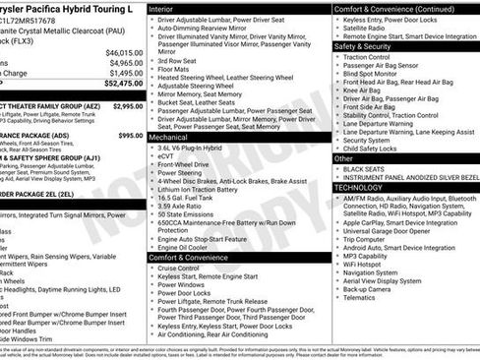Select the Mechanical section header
[x=169, y=138]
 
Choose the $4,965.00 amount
[x=125, y=62]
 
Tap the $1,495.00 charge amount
[x=125, y=73]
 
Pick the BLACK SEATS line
[x=370, y=169]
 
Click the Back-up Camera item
[x=374, y=290]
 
